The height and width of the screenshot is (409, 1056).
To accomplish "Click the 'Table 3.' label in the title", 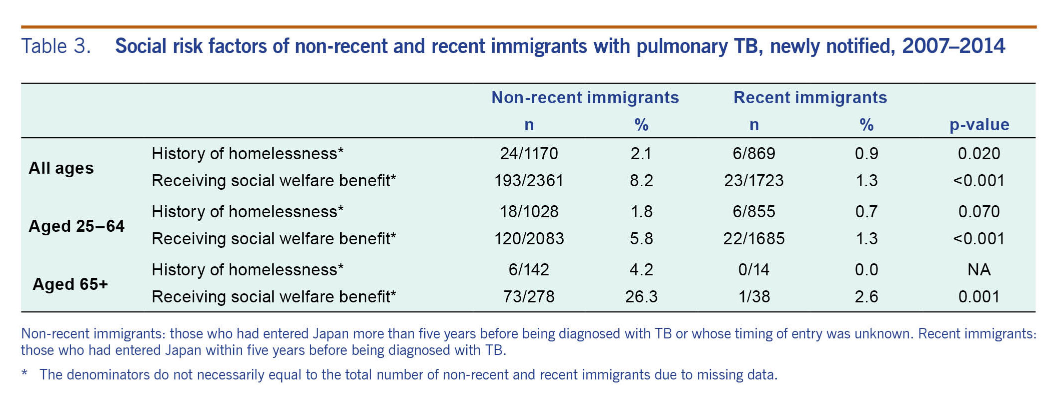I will click(56, 47).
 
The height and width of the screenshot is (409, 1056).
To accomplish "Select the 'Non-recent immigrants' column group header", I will click(585, 97).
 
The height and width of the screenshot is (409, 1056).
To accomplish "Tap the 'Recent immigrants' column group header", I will click(810, 97).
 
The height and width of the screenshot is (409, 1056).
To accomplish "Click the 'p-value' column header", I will click(979, 125).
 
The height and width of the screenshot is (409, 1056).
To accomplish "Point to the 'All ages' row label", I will click(61, 168).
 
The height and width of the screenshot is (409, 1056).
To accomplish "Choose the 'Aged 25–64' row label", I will click(77, 226).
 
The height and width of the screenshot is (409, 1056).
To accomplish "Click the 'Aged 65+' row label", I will click(70, 284).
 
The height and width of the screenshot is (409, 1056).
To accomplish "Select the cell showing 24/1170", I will click(529, 153).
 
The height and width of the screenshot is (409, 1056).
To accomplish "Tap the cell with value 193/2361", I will click(529, 180).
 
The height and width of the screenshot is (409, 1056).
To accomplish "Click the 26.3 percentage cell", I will click(641, 297).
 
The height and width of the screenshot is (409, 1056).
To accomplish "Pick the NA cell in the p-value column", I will click(979, 270).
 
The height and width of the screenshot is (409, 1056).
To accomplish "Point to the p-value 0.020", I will click(979, 153).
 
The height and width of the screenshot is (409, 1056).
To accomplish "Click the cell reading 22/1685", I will click(754, 239).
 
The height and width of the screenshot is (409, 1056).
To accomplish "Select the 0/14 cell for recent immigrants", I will click(754, 270).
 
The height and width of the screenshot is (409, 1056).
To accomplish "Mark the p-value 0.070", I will click(979, 211).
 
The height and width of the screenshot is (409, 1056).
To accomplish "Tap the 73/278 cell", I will click(529, 297).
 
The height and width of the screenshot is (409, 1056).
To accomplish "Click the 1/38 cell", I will click(754, 297).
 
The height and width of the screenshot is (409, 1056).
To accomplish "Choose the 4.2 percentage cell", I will click(641, 270).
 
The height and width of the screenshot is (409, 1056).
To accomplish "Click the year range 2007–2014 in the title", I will click(953, 47).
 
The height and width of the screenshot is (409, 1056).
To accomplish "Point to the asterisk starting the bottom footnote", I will click(24, 374).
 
